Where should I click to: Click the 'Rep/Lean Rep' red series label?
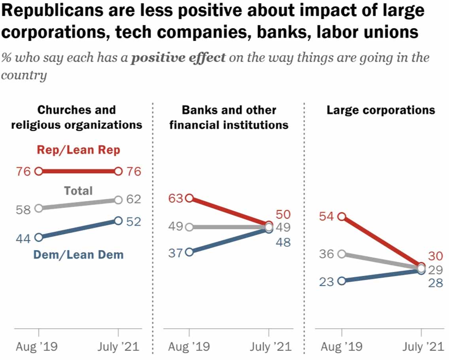tap(78, 150)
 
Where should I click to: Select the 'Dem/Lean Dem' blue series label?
tap(78, 255)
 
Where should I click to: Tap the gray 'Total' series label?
tap(78, 191)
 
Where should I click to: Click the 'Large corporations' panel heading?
tap(381, 110)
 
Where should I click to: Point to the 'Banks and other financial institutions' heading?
tap(228, 117)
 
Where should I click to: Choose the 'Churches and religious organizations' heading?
tap(76, 117)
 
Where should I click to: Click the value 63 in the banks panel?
tap(175, 198)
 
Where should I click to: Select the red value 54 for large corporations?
tap(328, 216)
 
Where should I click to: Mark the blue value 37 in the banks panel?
tap(175, 253)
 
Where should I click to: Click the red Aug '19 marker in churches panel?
tap(39, 171)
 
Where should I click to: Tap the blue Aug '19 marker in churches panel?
tap(39, 237)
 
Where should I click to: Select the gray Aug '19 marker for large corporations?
tap(342, 254)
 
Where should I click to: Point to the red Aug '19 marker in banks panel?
tap(189, 198)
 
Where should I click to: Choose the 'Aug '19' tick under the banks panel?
tap(189, 347)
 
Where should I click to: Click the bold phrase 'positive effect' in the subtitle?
tap(178, 58)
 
